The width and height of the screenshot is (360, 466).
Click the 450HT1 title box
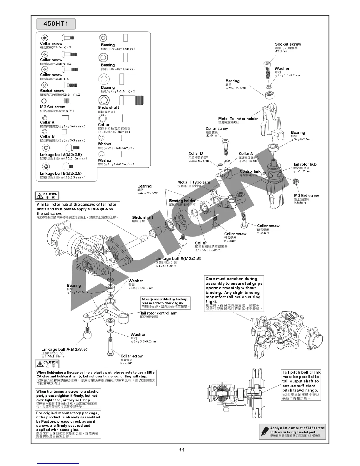coord(56,24)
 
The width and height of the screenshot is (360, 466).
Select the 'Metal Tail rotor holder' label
coord(238,119)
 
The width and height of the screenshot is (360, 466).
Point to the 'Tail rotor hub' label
coord(305,164)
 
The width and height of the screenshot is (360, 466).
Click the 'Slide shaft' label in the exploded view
coord(142,218)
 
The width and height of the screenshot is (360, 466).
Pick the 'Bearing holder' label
coord(182,201)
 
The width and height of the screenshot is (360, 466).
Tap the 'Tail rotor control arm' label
coord(159,313)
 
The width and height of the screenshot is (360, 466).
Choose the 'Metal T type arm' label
coord(194,182)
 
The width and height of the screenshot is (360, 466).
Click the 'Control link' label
coord(250,172)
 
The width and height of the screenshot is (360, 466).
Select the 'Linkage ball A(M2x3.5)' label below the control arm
coord(64,349)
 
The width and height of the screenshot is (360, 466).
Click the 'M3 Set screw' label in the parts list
coord(52,107)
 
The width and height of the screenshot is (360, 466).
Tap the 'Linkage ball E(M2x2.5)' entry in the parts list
coord(61,174)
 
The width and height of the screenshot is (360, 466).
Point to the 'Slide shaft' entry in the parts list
coord(108,108)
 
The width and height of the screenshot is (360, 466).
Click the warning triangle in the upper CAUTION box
coord(39,196)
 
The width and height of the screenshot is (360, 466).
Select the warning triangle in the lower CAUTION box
coord(39,364)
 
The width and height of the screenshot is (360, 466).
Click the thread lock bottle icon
coord(265,431)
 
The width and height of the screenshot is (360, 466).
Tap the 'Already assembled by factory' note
coord(165,303)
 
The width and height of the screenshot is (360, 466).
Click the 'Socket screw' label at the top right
coord(288,44)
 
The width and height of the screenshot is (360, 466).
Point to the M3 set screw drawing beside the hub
coord(296,182)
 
